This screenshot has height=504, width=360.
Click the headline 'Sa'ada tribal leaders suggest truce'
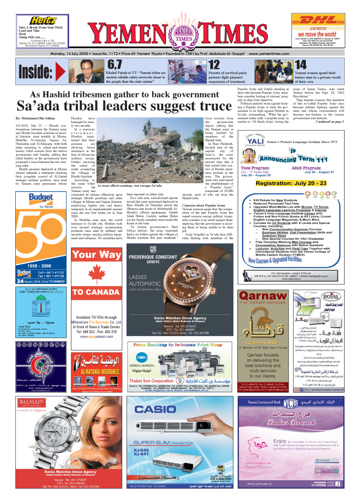click(124, 106)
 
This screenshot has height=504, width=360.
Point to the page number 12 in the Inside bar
click(214, 64)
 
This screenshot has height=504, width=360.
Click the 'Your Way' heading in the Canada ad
click(97, 254)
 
